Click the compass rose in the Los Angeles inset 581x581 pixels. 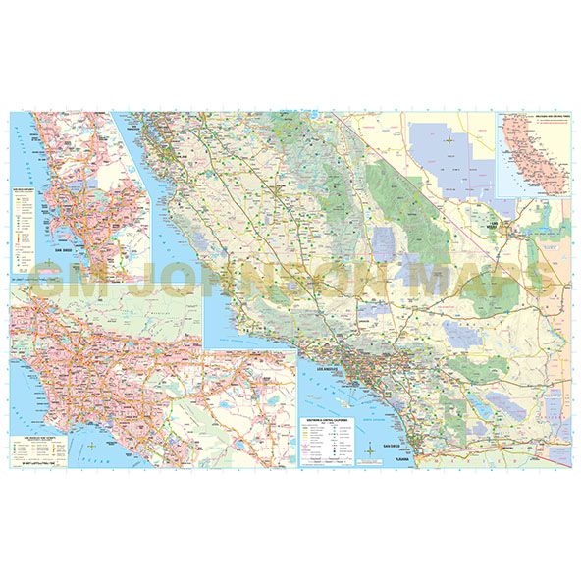[91, 448]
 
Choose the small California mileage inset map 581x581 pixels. [534, 157]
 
